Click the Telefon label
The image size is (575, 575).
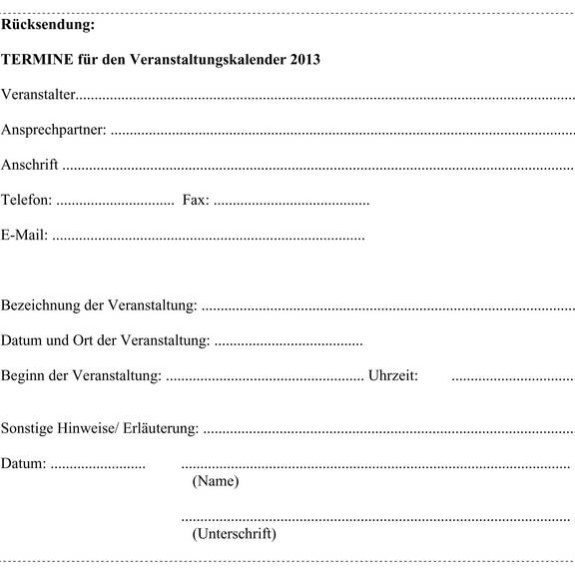[x=26, y=201]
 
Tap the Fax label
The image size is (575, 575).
[x=195, y=201]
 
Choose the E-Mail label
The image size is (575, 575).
[x=24, y=237]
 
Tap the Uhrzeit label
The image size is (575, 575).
[x=392, y=376]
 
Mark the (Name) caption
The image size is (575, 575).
[x=215, y=481]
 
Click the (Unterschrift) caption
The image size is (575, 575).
[x=234, y=534]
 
